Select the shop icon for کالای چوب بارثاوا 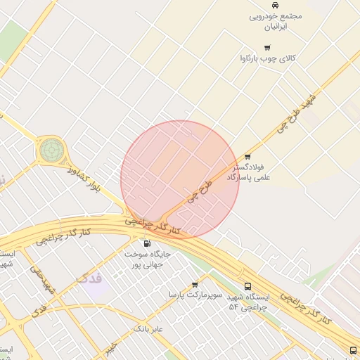pos(267,47)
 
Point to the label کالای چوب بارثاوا pos(268,58)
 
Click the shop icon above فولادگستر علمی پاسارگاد pos(247,157)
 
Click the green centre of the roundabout pos(51,149)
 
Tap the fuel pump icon pos(146,243)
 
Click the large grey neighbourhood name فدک pos(90,278)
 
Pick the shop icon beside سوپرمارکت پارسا pos(195,285)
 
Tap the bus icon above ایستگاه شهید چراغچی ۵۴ pos(247,286)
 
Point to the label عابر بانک pos(148,328)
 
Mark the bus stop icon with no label pos(353,350)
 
